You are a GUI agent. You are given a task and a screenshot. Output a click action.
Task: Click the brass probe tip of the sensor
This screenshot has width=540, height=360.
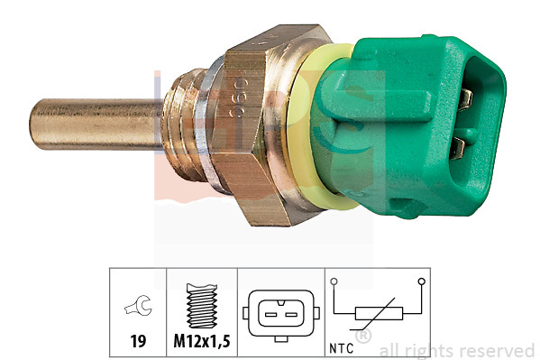tap(90, 125)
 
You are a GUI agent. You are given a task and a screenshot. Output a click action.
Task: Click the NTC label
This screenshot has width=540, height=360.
tap(343, 344)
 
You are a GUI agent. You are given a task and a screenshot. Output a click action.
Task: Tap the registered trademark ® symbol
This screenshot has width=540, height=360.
tap(362, 337)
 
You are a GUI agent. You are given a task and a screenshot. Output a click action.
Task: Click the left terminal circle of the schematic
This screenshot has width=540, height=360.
tap(333, 282)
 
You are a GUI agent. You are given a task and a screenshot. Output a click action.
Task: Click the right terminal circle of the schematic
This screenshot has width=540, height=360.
tap(421, 282)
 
